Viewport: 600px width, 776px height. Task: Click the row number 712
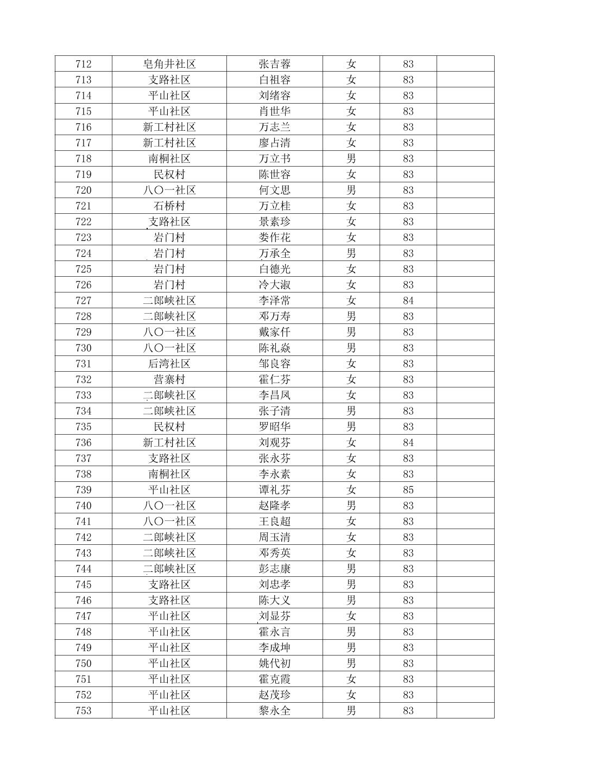84,64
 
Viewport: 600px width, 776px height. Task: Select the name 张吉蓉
275,64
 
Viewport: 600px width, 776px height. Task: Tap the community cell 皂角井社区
169,64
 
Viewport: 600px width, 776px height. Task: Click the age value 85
408,490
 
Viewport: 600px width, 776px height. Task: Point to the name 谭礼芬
275,490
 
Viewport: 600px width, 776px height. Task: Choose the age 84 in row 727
408,301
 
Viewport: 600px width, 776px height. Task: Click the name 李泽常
275,301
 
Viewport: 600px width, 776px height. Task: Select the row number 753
84,711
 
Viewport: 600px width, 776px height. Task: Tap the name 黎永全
275,711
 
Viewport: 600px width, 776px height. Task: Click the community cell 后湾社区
169,364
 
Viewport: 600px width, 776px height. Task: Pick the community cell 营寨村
169,380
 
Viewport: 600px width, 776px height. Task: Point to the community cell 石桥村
169,206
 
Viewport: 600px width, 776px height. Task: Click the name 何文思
275,190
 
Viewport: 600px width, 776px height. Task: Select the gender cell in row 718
351,159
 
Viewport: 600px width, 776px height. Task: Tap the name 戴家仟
275,332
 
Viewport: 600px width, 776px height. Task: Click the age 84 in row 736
408,443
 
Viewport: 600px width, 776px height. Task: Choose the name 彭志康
275,569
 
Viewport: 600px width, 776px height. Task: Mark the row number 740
84,506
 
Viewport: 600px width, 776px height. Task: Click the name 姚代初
275,664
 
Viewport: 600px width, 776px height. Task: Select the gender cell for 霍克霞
351,679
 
